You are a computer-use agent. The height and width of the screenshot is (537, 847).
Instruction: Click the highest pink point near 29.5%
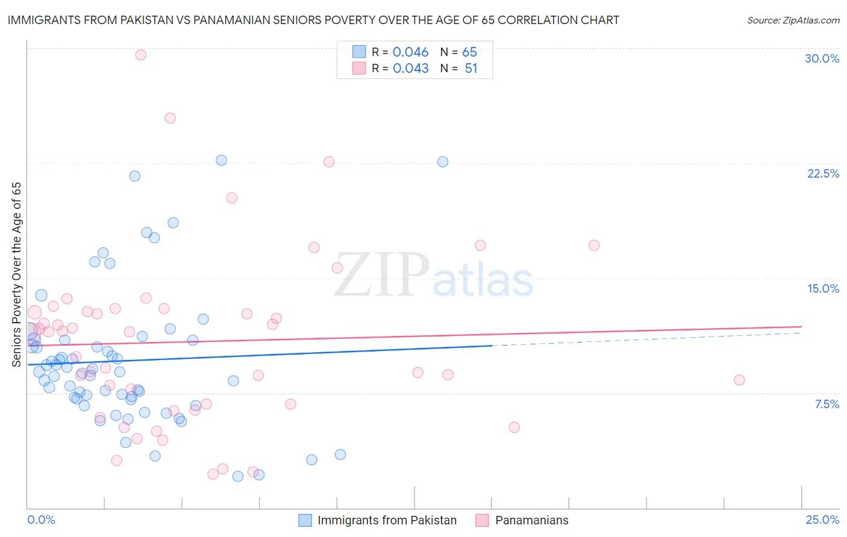[x=141, y=55]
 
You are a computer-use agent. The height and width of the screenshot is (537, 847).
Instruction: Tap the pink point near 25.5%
[x=170, y=118]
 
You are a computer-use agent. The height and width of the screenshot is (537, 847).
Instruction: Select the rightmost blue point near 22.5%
[x=443, y=162]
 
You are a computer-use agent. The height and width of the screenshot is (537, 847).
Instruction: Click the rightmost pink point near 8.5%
[x=739, y=380]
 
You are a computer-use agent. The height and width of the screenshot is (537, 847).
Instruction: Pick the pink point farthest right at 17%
[x=594, y=245]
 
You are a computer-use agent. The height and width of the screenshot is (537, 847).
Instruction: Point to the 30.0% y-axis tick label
[x=822, y=58]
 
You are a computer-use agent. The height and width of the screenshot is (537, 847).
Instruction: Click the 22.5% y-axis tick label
[x=823, y=173]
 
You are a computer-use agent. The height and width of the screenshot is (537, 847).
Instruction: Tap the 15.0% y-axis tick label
[x=823, y=288]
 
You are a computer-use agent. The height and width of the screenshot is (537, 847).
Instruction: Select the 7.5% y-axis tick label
[x=827, y=404]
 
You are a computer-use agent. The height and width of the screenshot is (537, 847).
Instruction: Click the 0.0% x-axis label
[x=41, y=520]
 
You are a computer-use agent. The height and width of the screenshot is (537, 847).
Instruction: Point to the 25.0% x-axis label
[x=822, y=520]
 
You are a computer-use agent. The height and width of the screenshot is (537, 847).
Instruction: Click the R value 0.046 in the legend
[x=410, y=52]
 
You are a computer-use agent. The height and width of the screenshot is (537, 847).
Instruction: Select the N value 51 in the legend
[x=470, y=69]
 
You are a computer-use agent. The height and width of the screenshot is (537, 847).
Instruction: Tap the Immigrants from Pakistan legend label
[x=387, y=520]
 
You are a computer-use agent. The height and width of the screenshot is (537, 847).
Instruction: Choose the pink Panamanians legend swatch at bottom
[x=482, y=520]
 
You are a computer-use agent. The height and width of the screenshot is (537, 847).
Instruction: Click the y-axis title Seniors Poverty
[x=17, y=274]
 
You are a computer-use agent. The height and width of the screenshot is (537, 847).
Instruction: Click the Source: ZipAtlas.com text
[x=793, y=20]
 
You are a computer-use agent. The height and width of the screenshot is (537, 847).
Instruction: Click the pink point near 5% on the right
[x=514, y=427]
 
